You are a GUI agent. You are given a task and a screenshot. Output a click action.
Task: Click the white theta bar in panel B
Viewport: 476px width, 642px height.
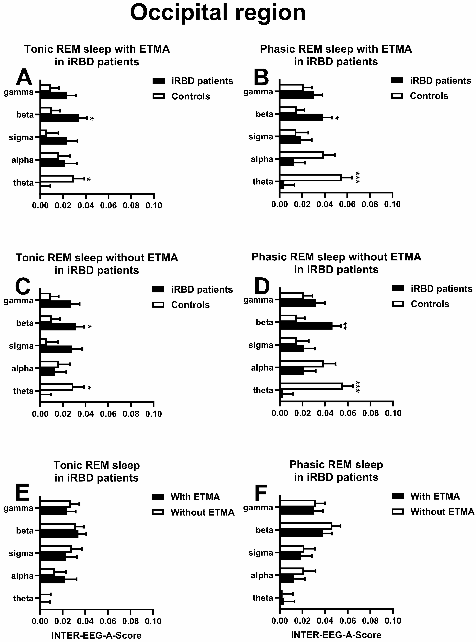[310, 178]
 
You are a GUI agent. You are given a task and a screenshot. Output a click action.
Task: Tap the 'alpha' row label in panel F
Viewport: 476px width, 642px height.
[262, 575]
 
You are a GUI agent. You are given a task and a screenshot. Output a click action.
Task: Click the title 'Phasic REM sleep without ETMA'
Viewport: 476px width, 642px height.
[336, 257]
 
